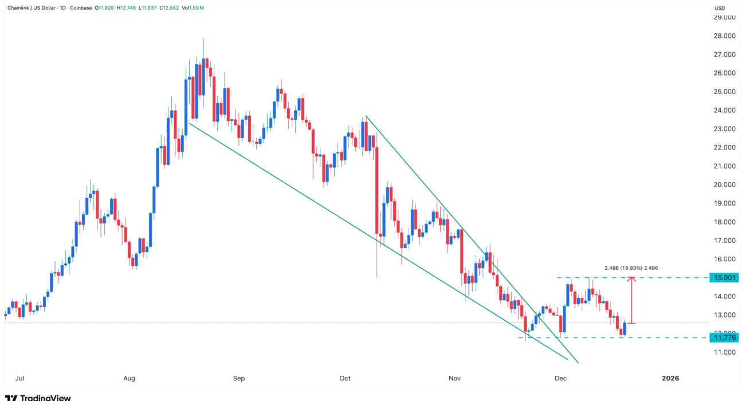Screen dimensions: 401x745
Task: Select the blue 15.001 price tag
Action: click(725, 278)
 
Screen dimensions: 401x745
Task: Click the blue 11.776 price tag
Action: click(725, 338)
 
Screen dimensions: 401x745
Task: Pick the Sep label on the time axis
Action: click(239, 379)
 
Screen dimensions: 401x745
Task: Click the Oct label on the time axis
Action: click(344, 379)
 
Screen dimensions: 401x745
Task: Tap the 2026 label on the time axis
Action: click(670, 379)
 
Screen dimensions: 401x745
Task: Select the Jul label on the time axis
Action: click(19, 379)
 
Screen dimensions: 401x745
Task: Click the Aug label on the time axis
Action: click(130, 379)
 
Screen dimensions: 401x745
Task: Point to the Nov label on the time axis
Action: click(454, 379)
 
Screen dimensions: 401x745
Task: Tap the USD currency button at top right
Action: click(720, 8)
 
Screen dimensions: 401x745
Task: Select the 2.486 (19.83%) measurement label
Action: click(631, 268)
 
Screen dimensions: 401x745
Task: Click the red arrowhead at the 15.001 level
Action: click(631, 280)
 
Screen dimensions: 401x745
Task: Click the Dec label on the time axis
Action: click(560, 379)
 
